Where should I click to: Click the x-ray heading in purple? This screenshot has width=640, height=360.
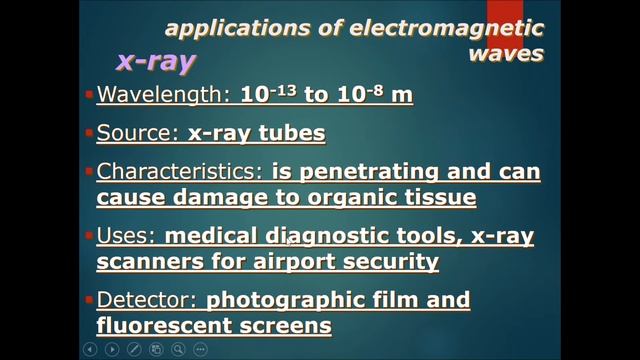pyautogui.click(x=156, y=60)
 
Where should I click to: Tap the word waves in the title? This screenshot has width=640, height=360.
pyautogui.click(x=506, y=52)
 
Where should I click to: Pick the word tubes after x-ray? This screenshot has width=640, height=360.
pyautogui.click(x=291, y=133)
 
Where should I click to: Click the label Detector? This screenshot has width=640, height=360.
pyautogui.click(x=146, y=300)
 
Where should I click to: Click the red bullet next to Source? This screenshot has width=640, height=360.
pyautogui.click(x=89, y=133)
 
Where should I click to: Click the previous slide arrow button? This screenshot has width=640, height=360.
pyautogui.click(x=90, y=349)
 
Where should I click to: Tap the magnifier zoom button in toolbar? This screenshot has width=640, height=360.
pyautogui.click(x=178, y=349)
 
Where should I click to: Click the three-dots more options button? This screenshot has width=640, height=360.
pyautogui.click(x=200, y=349)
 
